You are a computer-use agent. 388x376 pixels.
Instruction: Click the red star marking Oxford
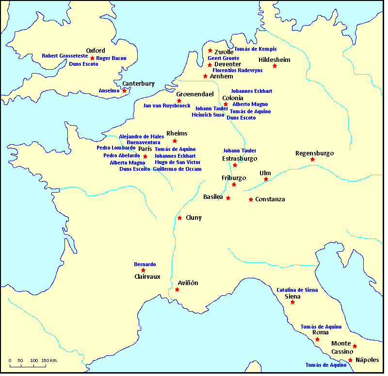[92, 58]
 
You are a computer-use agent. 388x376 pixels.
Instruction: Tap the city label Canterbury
[138, 84]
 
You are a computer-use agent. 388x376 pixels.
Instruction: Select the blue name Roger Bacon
[111, 59]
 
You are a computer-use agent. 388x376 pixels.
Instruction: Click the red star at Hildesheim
[275, 66]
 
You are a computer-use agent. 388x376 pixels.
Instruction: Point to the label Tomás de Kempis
[255, 49]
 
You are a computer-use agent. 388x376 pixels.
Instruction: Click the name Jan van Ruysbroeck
[167, 105]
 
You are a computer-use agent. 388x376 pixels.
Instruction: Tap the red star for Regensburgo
[312, 160]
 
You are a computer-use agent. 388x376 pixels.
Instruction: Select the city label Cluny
[194, 218]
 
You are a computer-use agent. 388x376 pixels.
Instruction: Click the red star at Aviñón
[177, 290]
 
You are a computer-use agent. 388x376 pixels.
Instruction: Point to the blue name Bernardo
[145, 264]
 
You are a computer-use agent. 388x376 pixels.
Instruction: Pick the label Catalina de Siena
[297, 290]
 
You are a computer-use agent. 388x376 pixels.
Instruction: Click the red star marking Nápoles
[350, 360]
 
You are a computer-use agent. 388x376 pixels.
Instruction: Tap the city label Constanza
[270, 199]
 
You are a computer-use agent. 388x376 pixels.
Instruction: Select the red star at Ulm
[266, 180]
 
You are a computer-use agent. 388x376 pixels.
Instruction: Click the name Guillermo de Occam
[177, 169]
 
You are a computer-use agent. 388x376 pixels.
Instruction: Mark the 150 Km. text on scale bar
[49, 361]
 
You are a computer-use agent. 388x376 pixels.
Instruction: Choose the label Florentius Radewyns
[238, 70]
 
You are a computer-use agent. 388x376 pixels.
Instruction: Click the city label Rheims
[177, 134]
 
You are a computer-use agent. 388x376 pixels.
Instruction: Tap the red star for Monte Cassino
[355, 346]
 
